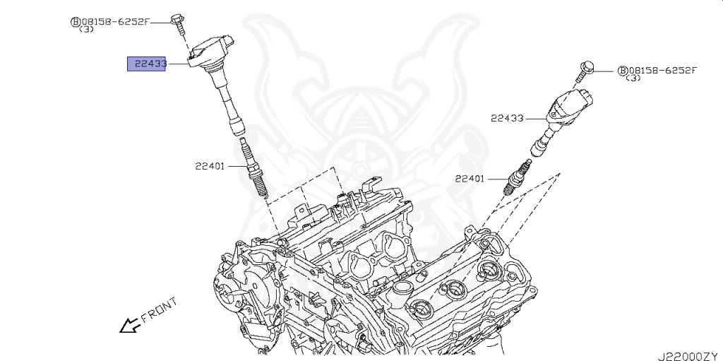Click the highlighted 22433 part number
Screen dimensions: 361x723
pos(146,64)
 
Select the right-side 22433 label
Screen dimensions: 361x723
pos(507,118)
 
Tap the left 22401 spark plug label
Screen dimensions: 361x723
pos(210,167)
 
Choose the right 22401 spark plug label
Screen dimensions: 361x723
pos(470,179)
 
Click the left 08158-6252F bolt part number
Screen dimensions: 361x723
pos(115,21)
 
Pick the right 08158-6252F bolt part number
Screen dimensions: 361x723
pos(662,70)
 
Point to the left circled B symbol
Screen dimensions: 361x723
pos(74,22)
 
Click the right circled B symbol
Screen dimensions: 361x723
pos(622,71)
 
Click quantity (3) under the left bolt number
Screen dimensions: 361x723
pos(87,30)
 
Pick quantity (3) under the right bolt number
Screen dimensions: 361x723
pos(633,78)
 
